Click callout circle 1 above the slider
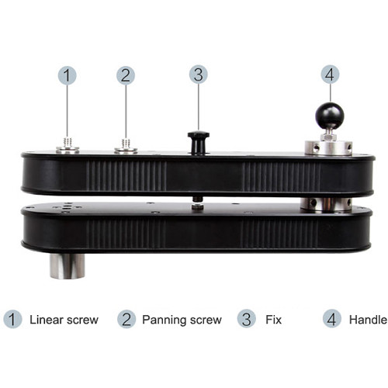[68, 75]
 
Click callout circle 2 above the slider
[126, 75]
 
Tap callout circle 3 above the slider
[198, 74]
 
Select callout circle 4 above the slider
[330, 74]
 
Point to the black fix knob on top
[198, 140]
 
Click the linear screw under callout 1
[68, 145]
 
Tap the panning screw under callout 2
[126, 145]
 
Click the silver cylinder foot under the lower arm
[68, 265]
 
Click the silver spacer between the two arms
[325, 204]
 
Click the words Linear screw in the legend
[64, 319]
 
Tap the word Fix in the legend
[273, 319]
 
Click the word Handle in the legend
[367, 319]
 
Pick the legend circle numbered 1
[12, 319]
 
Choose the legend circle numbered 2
[126, 319]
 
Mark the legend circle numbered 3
[246, 319]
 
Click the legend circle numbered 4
[332, 319]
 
